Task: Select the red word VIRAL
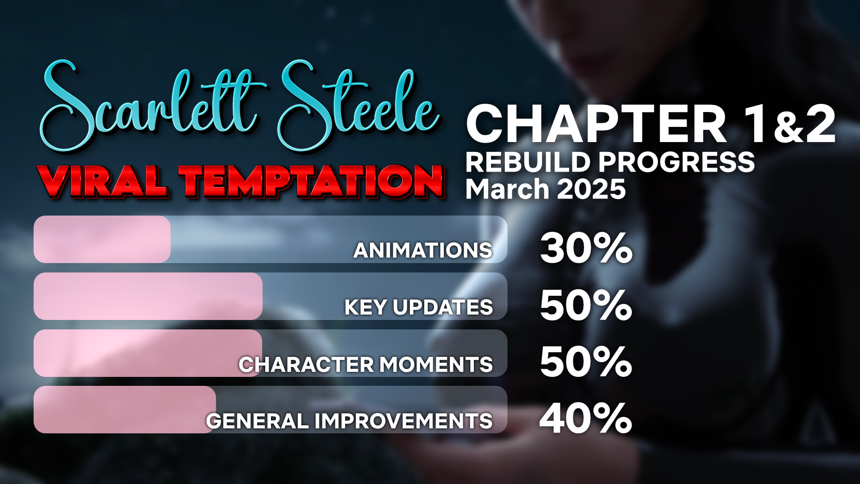click(104, 182)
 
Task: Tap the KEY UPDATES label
click(419, 307)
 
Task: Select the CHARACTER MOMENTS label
click(366, 364)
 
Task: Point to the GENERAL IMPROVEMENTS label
click(349, 421)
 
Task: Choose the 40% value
click(586, 418)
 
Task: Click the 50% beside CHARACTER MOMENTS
click(586, 362)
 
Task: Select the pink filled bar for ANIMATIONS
click(102, 239)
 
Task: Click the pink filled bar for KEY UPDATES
click(148, 296)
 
